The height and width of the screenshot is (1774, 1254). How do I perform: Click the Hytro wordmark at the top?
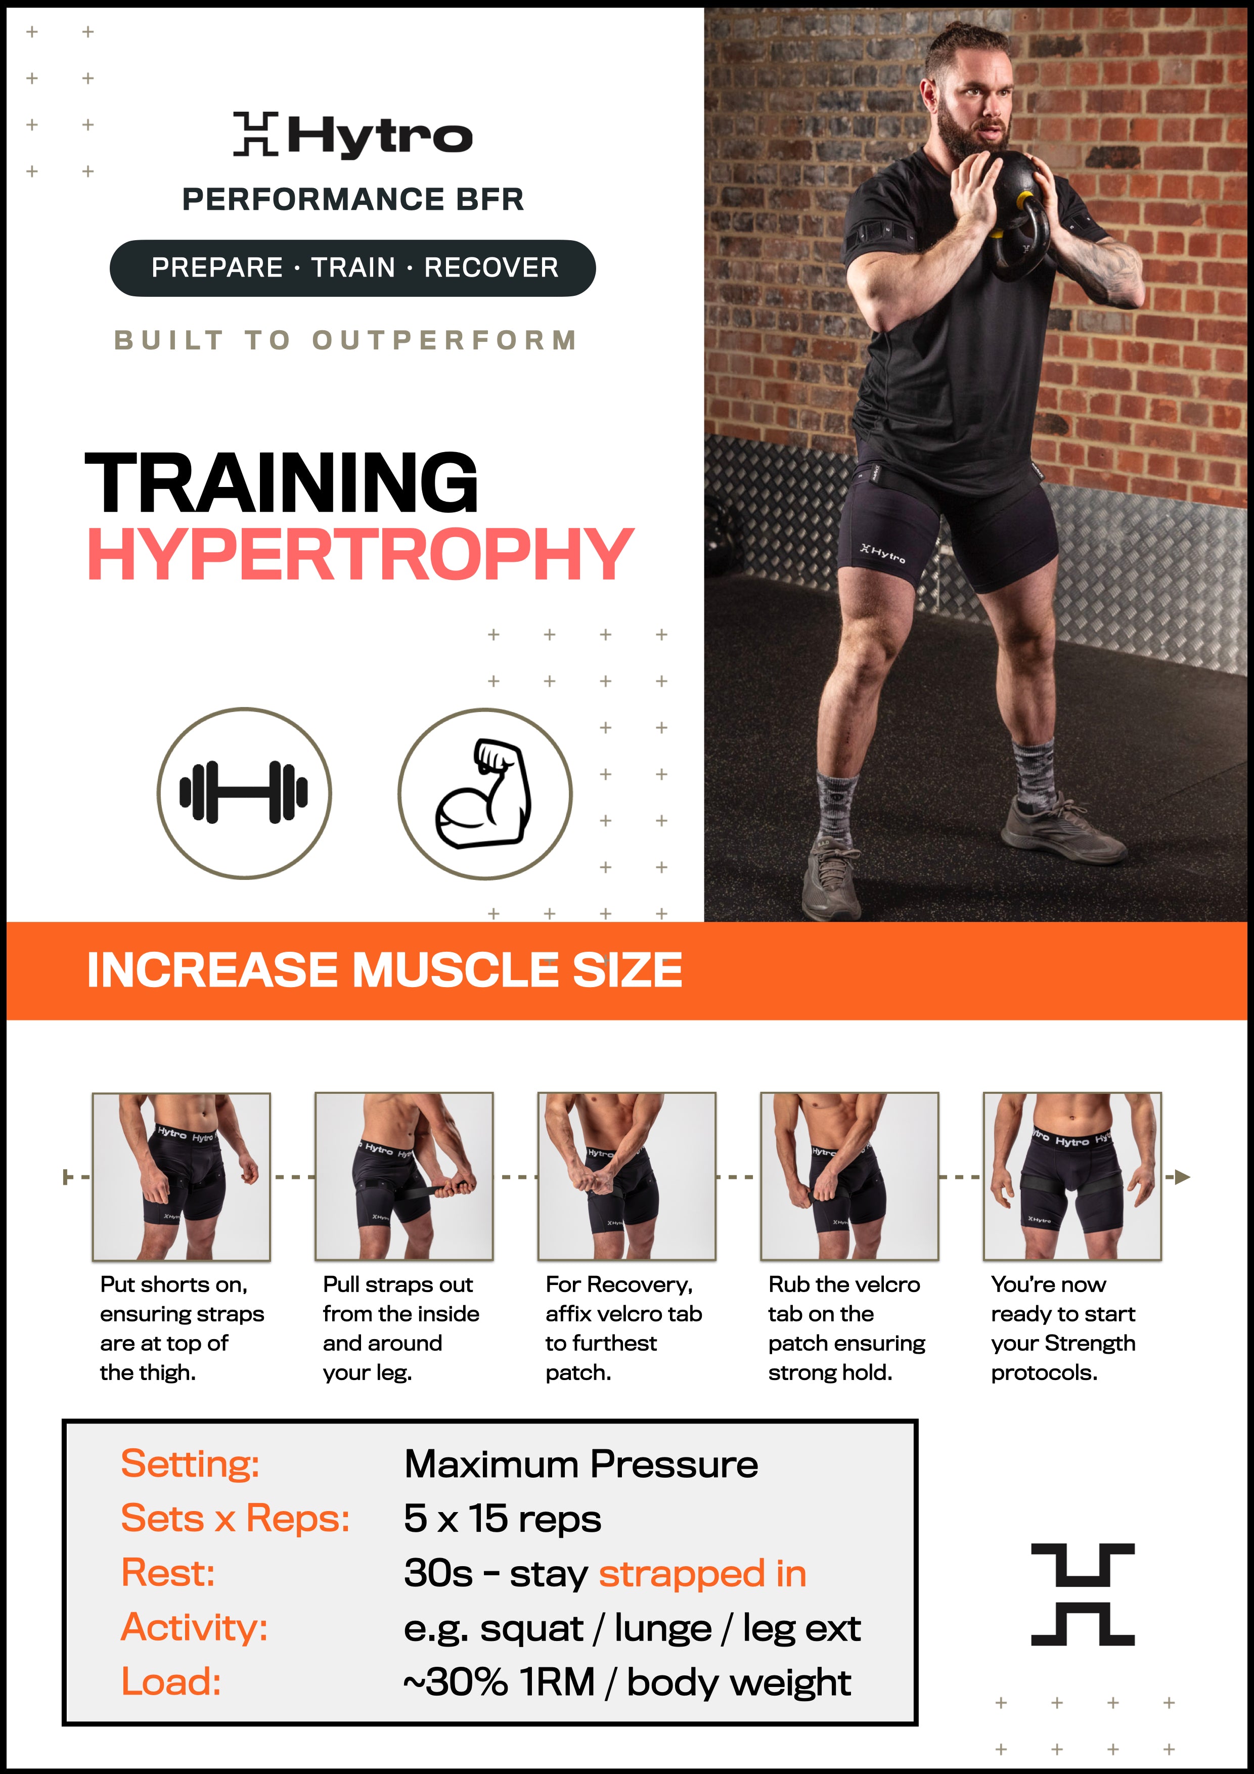pos(353,135)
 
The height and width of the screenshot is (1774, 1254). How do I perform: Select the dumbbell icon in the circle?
pos(244,793)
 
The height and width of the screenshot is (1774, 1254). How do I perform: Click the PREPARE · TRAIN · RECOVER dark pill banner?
pos(353,268)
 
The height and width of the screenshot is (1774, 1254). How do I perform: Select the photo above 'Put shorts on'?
pos(182,1177)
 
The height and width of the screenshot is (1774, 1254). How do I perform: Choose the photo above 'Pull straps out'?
pos(404,1177)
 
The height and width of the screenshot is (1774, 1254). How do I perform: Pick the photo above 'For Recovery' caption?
pos(626,1177)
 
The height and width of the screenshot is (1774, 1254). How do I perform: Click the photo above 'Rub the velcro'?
pos(850,1177)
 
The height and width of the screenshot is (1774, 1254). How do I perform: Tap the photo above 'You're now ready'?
pos(1072,1177)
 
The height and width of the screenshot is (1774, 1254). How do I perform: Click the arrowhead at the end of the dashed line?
pos(1182,1177)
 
